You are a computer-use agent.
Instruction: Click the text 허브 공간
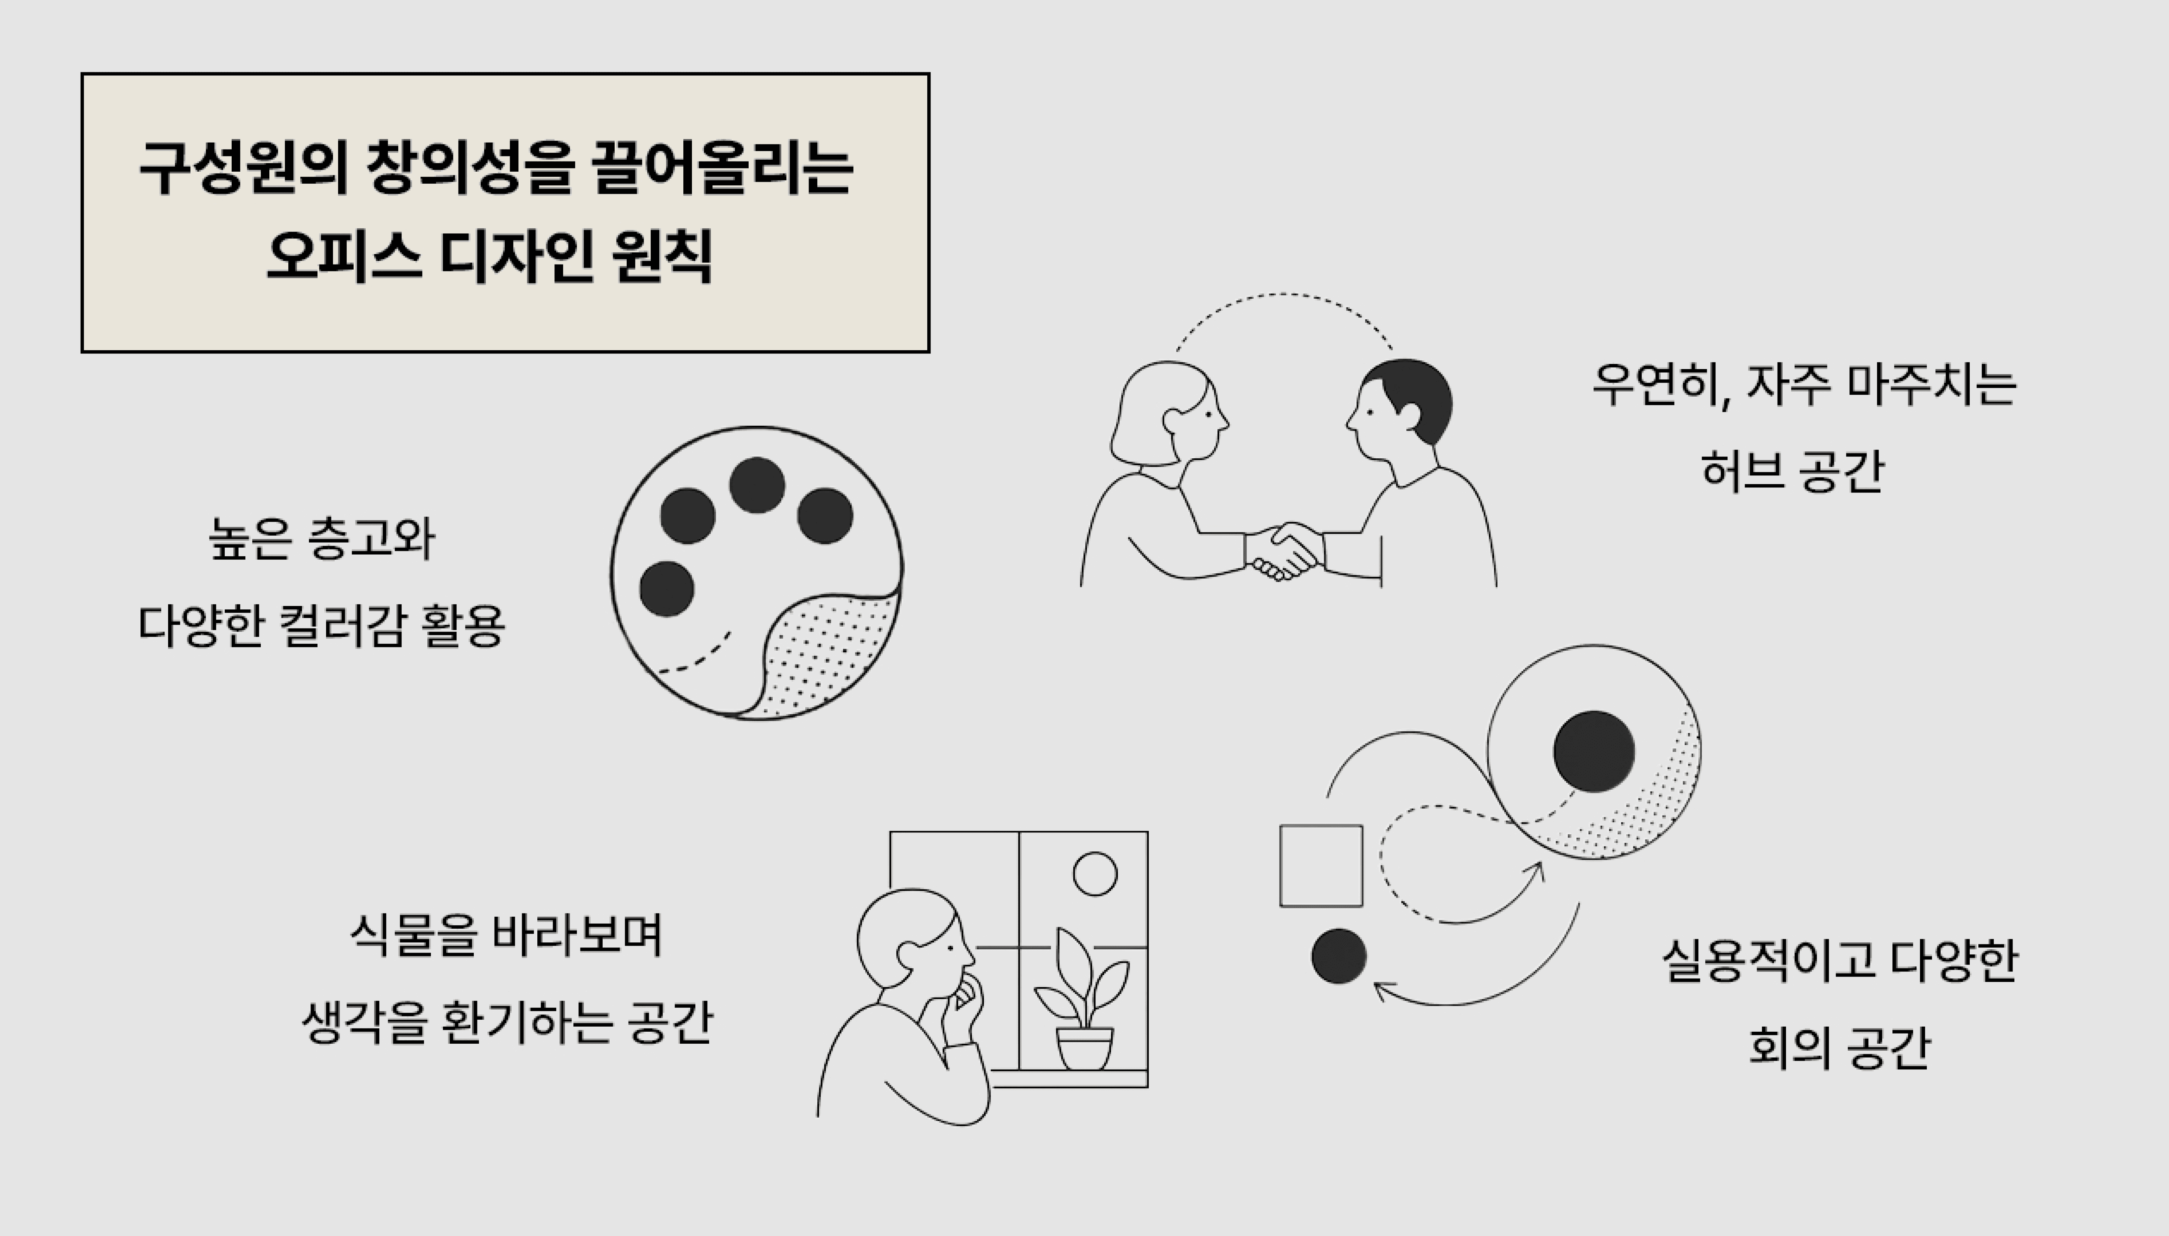coord(1792,470)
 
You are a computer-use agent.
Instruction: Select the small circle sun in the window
coord(1095,873)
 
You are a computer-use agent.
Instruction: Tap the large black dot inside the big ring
coord(1593,751)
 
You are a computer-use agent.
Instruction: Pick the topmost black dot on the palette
coord(757,485)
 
